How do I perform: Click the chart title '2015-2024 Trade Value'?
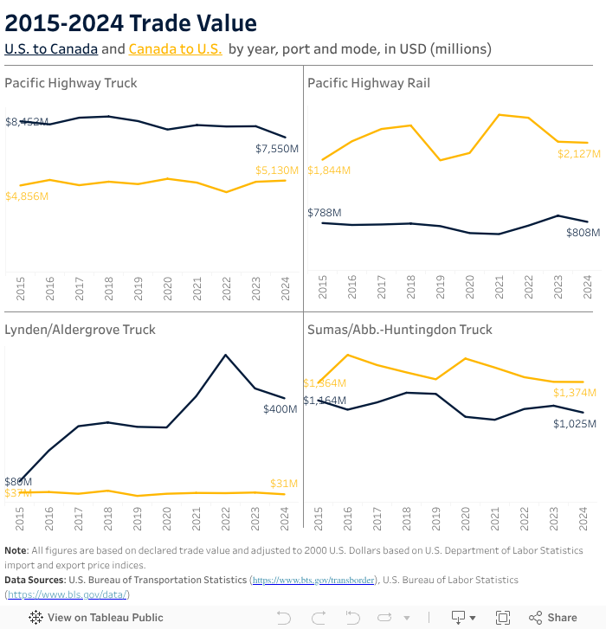(x=131, y=23)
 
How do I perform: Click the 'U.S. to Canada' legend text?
(x=51, y=49)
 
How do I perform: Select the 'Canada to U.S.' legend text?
(x=174, y=49)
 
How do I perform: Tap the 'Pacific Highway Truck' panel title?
(x=71, y=83)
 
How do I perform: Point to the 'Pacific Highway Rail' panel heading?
(x=369, y=83)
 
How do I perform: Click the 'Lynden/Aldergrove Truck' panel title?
(x=81, y=330)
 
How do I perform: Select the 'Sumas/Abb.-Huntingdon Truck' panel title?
(x=400, y=330)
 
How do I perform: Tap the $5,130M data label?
(x=277, y=170)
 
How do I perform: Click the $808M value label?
(x=583, y=233)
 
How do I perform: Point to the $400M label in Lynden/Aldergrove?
(x=280, y=408)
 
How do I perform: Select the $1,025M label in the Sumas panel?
(x=575, y=424)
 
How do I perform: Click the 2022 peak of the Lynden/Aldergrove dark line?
(x=226, y=355)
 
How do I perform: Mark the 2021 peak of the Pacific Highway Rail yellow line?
(x=500, y=114)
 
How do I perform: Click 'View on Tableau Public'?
(x=96, y=618)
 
